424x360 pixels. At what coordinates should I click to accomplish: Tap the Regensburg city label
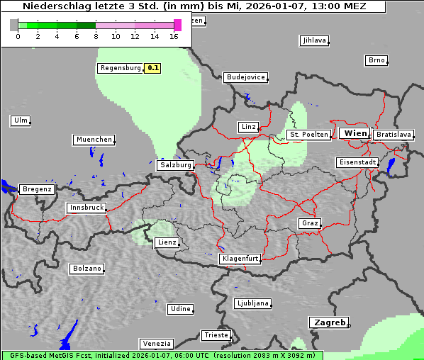tap(121, 68)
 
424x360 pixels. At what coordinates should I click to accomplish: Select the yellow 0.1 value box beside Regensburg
tap(152, 68)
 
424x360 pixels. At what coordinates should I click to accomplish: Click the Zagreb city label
tap(328, 322)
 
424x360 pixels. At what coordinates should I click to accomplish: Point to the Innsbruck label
tap(87, 208)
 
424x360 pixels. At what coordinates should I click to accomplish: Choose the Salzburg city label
tap(176, 164)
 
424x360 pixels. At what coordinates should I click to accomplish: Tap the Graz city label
tap(309, 223)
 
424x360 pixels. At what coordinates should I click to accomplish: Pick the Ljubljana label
tap(252, 303)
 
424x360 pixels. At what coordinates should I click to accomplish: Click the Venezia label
tap(155, 343)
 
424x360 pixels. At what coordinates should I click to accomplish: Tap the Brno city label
tap(376, 60)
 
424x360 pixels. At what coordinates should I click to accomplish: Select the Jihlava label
tap(314, 40)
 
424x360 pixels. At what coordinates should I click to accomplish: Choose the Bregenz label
tap(37, 189)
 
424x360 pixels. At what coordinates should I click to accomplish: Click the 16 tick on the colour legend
tap(174, 36)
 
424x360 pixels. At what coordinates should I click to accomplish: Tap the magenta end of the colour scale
tap(177, 25)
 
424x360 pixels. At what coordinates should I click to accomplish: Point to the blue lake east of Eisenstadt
tap(391, 166)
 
